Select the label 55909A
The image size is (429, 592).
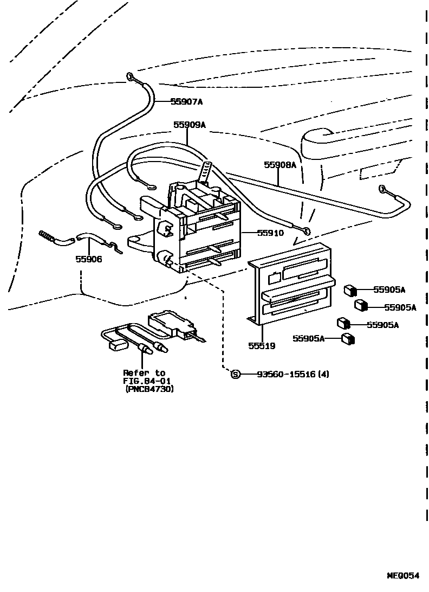[x=190, y=125]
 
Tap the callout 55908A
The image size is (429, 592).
[x=280, y=164]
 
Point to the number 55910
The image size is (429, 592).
[x=270, y=233]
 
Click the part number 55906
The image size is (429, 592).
[x=88, y=259]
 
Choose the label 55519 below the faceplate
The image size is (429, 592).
[x=262, y=345]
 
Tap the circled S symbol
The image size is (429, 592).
[x=236, y=374]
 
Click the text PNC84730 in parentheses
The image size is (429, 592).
[x=149, y=389]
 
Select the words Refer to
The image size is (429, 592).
[x=144, y=373]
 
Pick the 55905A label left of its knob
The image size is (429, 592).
[x=308, y=338]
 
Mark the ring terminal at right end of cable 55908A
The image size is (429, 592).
[x=382, y=189]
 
